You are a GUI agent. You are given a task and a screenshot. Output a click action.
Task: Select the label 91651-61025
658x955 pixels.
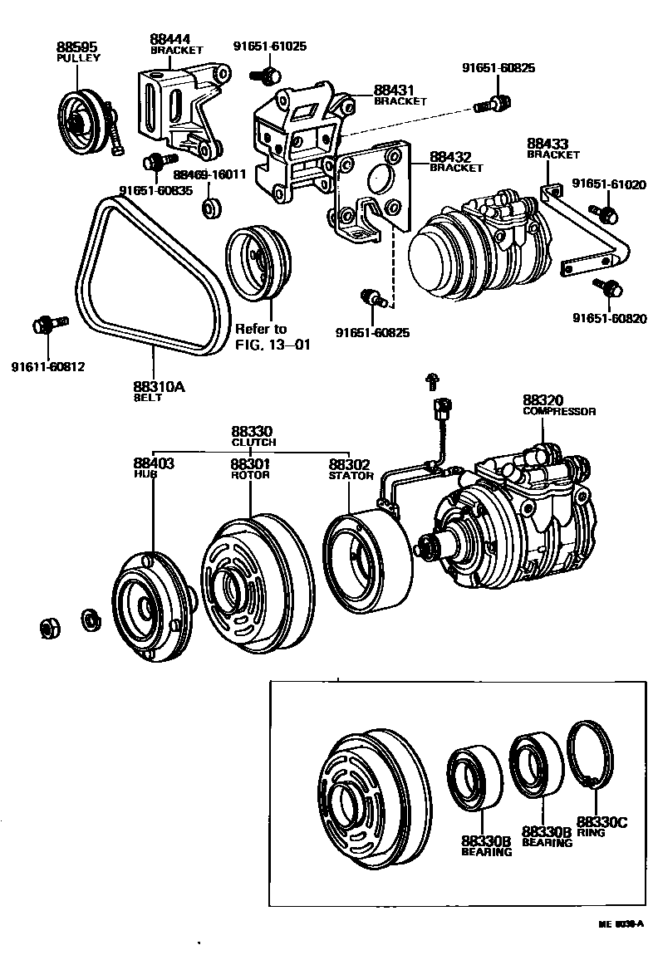pos(270,47)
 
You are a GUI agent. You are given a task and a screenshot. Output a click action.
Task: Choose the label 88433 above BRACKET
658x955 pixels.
pos(545,144)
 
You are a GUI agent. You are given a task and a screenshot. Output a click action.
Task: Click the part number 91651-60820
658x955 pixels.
pos(608,318)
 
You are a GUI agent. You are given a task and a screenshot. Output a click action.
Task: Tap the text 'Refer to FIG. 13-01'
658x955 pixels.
pos(261,337)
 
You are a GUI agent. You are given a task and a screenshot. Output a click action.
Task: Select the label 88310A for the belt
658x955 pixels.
pos(155,386)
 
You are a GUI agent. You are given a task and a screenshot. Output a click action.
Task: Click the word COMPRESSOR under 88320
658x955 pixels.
pos(559,411)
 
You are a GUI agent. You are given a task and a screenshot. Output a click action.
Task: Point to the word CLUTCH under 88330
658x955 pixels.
pos(253,443)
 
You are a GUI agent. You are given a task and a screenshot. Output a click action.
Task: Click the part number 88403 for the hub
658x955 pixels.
pos(154,463)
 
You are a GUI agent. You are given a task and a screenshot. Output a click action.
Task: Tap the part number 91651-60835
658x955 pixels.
pos(155,190)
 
